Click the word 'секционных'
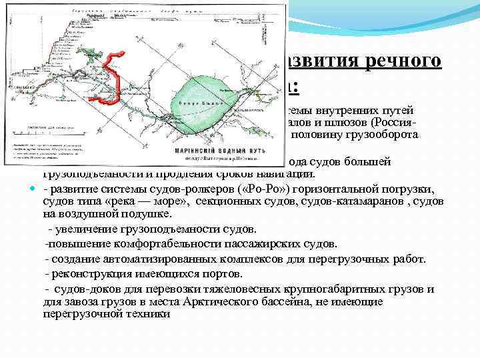tap(226, 201)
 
